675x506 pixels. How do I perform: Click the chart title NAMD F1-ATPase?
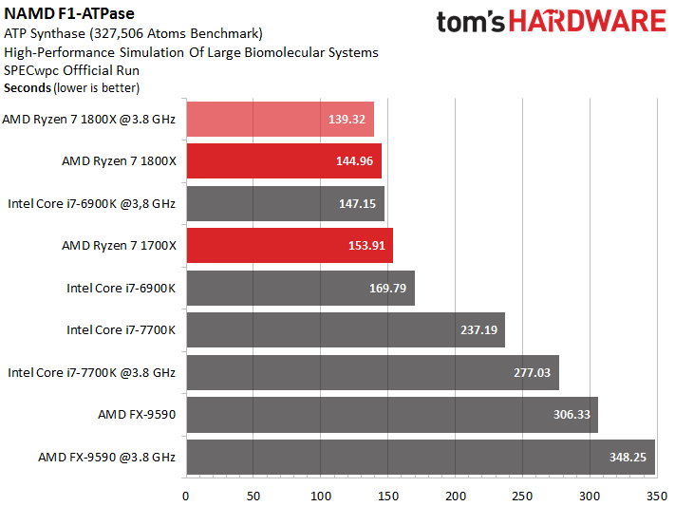pos(69,14)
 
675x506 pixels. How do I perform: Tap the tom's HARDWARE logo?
pos(552,22)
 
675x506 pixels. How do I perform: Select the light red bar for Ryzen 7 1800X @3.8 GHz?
pos(280,120)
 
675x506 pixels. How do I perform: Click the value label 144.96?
pos(354,161)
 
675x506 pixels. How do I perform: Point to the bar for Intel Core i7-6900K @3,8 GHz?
pos(286,204)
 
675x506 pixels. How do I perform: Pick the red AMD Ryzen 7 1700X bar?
pos(290,246)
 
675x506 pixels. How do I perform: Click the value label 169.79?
pos(387,288)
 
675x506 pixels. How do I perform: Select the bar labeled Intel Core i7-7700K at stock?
pos(346,329)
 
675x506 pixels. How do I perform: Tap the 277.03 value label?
pos(532,372)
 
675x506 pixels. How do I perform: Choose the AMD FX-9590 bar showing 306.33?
pos(392,415)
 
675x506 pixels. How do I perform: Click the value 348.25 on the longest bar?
pos(628,457)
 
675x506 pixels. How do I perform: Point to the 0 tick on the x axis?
pos(185,497)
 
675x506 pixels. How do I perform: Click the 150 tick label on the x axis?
pos(388,497)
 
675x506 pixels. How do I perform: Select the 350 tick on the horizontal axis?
pos(657,497)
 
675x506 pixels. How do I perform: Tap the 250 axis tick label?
pos(522,497)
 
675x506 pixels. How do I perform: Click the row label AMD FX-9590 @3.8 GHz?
pos(106,457)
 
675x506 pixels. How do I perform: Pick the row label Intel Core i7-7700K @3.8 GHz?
pos(92,372)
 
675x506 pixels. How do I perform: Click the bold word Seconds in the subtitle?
pos(28,88)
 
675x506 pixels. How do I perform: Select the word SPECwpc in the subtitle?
pos(31,70)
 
